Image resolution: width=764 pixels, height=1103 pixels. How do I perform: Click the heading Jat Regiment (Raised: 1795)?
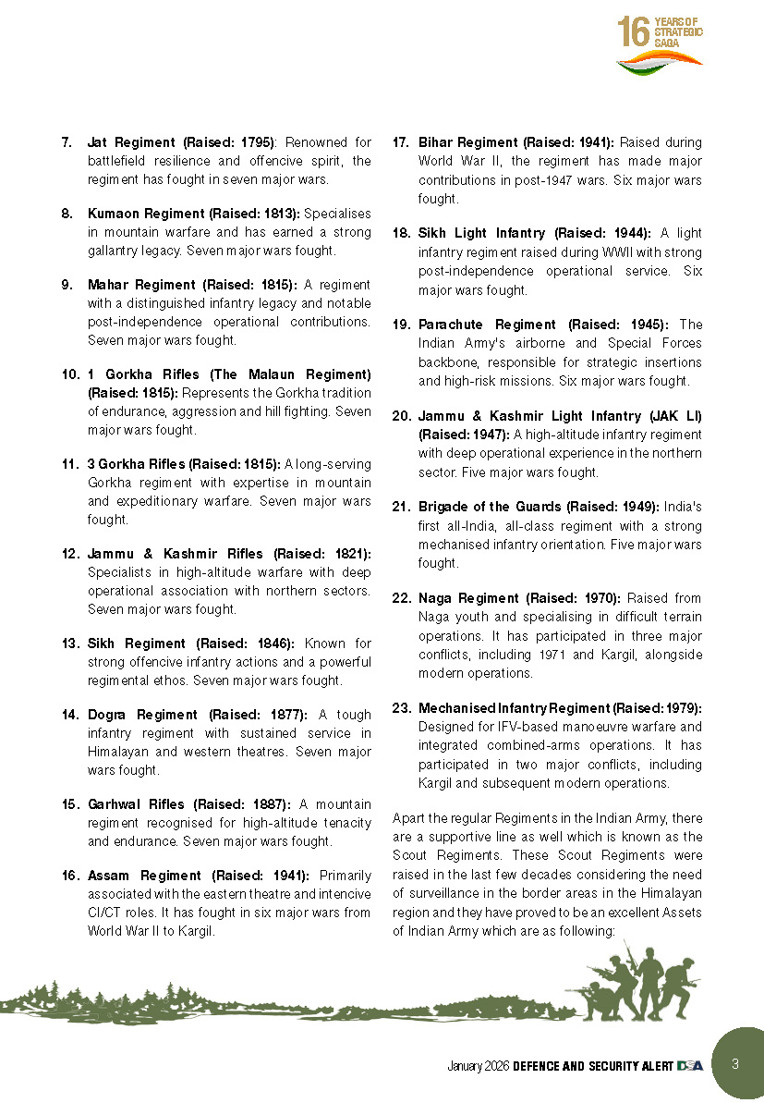pos(181,142)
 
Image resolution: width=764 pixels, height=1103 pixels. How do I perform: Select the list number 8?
pos(67,214)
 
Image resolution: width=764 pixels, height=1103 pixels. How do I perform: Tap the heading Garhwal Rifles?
pos(127,804)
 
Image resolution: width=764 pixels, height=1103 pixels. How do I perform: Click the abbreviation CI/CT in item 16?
pos(101,913)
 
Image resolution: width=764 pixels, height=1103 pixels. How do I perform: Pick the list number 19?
pos(401,325)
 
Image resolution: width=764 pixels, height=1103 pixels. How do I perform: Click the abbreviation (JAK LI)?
pos(680,416)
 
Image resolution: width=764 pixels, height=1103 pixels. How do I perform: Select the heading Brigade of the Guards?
pos(489,507)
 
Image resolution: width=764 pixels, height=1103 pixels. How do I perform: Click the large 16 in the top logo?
pos(634,31)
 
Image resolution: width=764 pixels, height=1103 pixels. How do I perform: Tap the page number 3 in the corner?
pos(735,1063)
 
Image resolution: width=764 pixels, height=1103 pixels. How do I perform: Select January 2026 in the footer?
pos(478,1066)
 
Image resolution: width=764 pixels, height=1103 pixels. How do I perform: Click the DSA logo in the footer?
pos(689,1066)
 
